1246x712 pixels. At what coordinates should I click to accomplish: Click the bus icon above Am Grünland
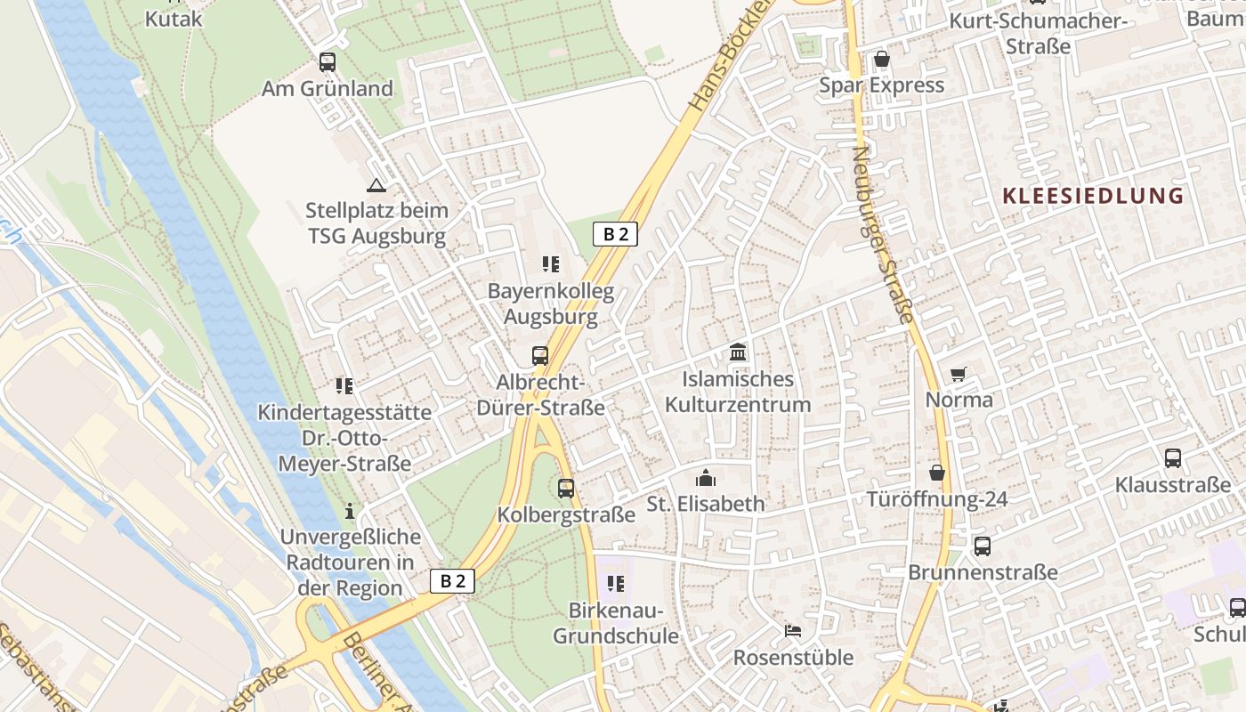point(328,61)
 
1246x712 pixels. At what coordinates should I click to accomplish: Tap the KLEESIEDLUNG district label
point(1093,196)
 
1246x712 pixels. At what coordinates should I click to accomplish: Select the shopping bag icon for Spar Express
point(881,60)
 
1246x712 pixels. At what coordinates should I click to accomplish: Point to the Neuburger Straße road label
point(883,234)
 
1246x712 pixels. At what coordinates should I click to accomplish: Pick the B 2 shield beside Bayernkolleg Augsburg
point(615,234)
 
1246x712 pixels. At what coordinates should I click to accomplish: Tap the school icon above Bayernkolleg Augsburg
point(550,264)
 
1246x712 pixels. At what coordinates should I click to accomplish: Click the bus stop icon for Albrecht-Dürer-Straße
point(540,356)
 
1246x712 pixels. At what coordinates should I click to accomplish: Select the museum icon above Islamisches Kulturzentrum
point(738,352)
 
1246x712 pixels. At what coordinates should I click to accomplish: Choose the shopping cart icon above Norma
point(959,374)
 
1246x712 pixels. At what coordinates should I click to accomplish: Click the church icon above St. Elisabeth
point(706,478)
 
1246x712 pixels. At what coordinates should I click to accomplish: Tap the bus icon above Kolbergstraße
point(566,489)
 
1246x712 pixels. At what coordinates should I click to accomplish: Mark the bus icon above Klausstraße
point(1173,458)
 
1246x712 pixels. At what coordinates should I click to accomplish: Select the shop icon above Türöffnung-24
point(937,473)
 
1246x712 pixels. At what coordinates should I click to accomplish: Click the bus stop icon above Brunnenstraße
point(982,546)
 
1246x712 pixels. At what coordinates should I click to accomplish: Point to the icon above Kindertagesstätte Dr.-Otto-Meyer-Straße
point(344,386)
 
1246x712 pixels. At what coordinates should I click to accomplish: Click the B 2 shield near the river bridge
point(453,581)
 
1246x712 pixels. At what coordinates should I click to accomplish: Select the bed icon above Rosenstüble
point(793,631)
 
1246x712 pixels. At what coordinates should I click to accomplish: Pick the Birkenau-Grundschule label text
point(616,624)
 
